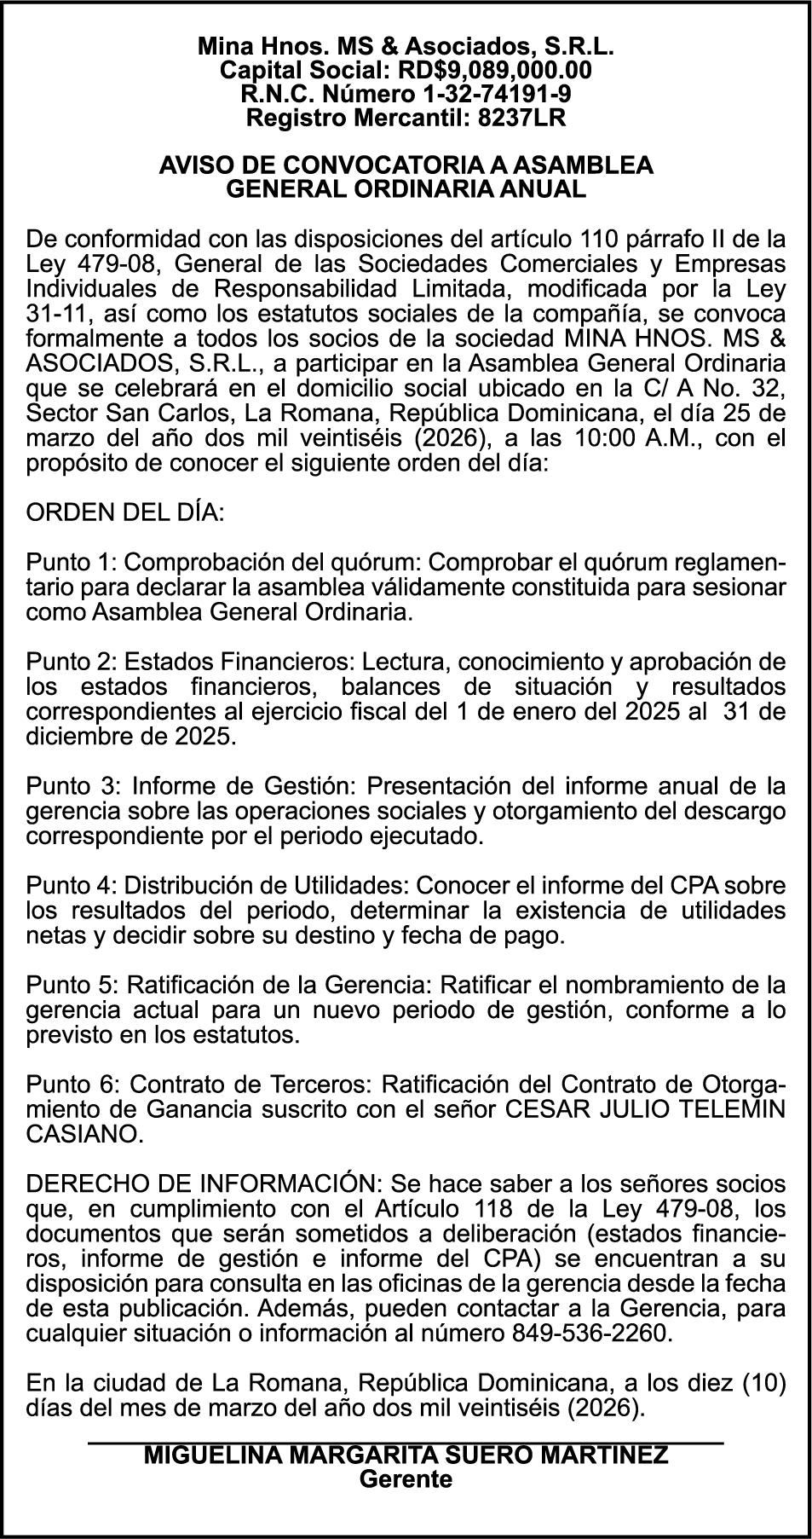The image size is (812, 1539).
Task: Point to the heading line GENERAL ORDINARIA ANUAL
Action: click(406, 189)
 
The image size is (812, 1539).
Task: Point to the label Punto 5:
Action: click(72, 986)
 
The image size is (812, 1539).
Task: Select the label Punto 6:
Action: click(73, 1085)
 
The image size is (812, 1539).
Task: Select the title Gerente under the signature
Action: click(406, 1480)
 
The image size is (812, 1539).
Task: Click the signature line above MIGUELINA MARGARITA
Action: click(406, 1443)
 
